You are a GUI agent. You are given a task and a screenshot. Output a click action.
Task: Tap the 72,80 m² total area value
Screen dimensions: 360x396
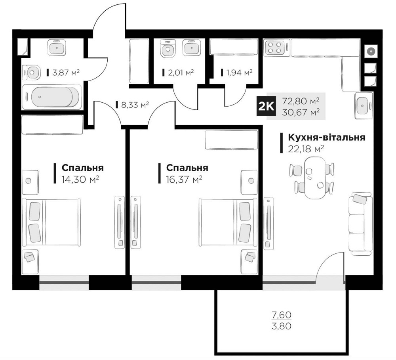point(301,101)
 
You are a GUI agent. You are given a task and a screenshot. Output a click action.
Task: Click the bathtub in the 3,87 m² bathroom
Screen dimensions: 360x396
point(51,96)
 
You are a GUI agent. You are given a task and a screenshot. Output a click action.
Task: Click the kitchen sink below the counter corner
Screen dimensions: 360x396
point(364,105)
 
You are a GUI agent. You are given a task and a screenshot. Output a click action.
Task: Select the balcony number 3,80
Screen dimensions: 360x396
point(282,328)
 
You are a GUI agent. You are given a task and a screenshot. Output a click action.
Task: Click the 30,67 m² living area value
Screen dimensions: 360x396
point(301,112)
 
